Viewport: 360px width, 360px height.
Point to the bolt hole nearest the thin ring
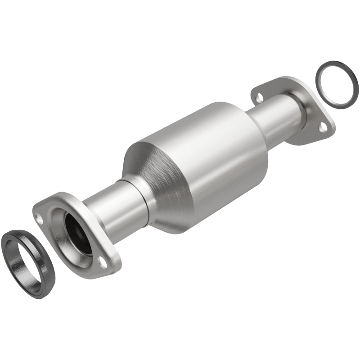pyautogui.click(x=322, y=127)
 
